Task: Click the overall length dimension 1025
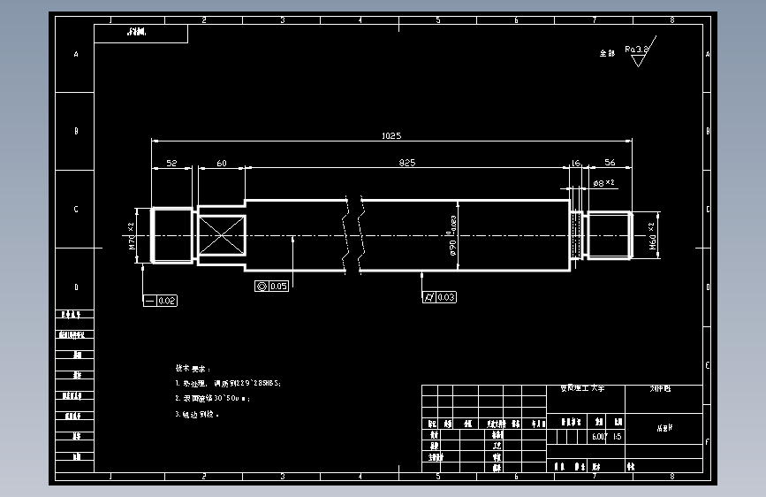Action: (x=391, y=136)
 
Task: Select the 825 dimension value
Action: (x=407, y=163)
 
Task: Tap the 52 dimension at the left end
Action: (x=171, y=163)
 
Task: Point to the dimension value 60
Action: (x=221, y=163)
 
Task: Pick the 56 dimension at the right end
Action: (x=610, y=163)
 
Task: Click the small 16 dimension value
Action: (x=576, y=163)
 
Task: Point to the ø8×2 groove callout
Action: (x=603, y=183)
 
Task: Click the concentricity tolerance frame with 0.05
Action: (x=272, y=286)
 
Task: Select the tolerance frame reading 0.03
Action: (x=439, y=297)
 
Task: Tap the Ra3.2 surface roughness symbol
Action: (x=636, y=50)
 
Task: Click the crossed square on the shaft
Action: (x=221, y=236)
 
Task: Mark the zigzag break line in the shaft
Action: (x=354, y=234)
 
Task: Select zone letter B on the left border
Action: (x=76, y=131)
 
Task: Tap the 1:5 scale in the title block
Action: (x=617, y=437)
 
